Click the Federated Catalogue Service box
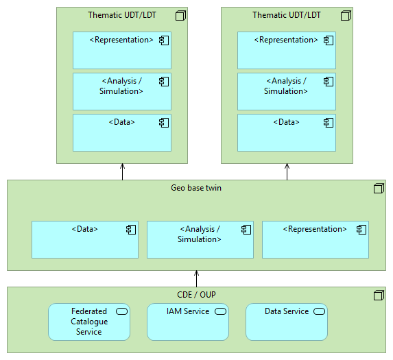point(88,322)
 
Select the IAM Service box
point(187,322)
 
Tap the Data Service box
point(286,322)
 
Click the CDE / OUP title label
point(196,295)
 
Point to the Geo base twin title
point(196,187)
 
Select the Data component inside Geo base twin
point(84,239)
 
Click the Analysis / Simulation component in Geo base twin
point(200,239)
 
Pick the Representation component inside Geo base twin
point(315,239)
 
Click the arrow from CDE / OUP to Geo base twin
point(196,278)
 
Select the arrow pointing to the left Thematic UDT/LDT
point(122,171)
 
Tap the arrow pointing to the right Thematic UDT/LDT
point(287,171)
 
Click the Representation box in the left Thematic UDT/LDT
point(122,50)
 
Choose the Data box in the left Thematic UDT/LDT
point(122,132)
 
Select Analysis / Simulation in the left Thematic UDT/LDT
point(122,91)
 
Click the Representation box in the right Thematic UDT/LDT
point(287,50)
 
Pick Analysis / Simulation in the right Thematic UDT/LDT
point(287,91)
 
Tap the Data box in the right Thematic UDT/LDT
point(287,132)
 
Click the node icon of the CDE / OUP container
point(378,296)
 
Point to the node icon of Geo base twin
point(378,188)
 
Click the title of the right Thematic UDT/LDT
point(286,15)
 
